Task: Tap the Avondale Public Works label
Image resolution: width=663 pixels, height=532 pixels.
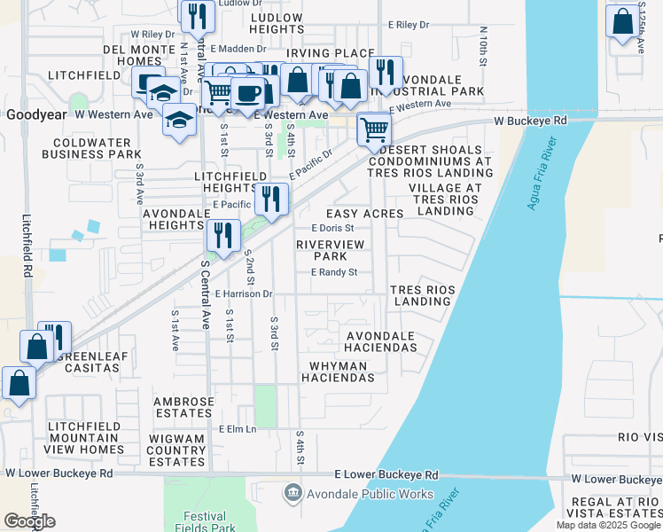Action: coord(359,494)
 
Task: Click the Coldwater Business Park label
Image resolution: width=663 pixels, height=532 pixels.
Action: coord(97,148)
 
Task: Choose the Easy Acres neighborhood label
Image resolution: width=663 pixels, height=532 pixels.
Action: coord(365,215)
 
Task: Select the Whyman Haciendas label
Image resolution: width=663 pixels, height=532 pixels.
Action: coord(342,372)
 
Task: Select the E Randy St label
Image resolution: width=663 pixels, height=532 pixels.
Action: coord(333,272)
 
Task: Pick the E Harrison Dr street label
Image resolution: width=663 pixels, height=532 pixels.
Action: coord(242,293)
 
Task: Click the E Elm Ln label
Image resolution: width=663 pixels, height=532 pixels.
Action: coord(238,429)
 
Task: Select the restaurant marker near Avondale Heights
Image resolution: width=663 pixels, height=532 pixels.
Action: coord(222,236)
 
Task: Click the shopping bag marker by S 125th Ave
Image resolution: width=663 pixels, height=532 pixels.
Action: coord(622,20)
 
